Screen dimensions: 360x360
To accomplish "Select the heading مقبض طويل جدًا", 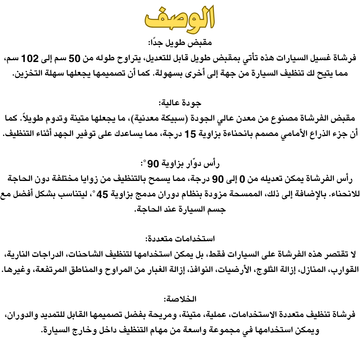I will click(x=180, y=43).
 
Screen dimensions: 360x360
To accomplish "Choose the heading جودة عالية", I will click(x=180, y=103).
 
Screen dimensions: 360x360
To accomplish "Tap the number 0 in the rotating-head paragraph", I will click(x=242, y=179).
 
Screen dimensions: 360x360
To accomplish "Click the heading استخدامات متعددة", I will click(x=180, y=239).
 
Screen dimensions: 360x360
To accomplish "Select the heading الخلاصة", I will click(x=180, y=299).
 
